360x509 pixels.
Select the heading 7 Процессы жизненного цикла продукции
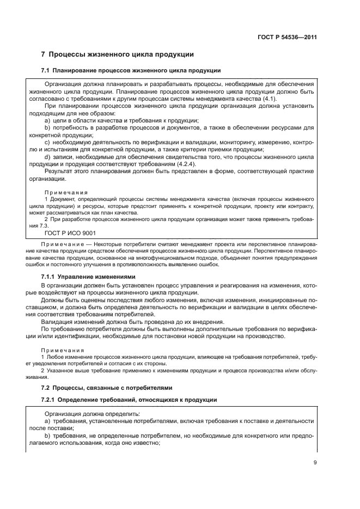point(117,54)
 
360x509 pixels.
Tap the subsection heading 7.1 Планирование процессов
point(131,71)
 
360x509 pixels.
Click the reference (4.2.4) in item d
point(187,163)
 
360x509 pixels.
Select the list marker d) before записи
point(47,156)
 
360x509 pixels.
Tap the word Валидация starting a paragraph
point(58,322)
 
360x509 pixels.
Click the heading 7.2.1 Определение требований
point(129,400)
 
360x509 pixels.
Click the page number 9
point(315,463)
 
